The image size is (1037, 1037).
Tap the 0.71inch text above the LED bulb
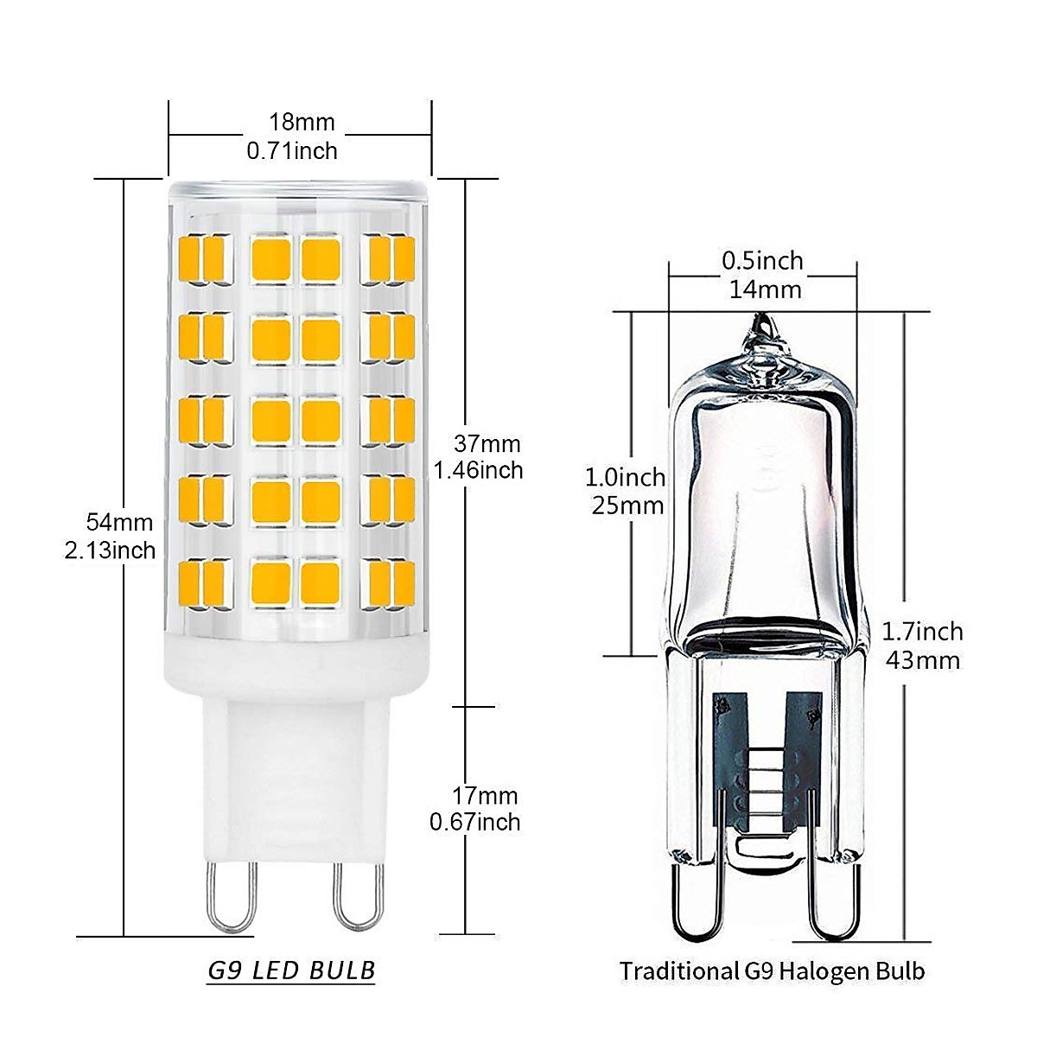[292, 151]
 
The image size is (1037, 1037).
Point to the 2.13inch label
[111, 550]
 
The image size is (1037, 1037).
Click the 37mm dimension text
[489, 444]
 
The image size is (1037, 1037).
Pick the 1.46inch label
[479, 470]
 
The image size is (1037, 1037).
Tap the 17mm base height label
[486, 795]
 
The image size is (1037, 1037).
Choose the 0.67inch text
[475, 822]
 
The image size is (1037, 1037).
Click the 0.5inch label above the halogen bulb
[762, 261]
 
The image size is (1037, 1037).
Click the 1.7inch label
[921, 632]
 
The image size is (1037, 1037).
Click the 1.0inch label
[626, 477]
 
